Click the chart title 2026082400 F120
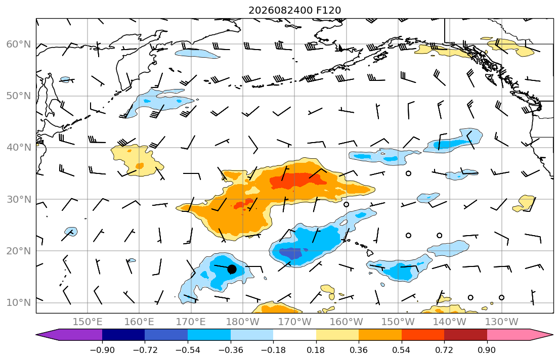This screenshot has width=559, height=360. (x=294, y=10)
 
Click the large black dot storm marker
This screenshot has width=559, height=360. (x=232, y=269)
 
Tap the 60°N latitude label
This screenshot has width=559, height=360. (x=19, y=44)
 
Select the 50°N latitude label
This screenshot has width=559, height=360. (x=19, y=96)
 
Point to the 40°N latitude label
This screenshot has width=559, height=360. (x=19, y=147)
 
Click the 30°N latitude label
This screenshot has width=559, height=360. (x=19, y=199)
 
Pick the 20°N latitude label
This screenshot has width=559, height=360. (x=19, y=251)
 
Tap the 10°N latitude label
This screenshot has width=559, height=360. (x=19, y=303)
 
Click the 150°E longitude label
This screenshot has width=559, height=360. (x=88, y=322)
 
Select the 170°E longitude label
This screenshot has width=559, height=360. (x=191, y=322)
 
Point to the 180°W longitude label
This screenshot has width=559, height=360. (x=243, y=322)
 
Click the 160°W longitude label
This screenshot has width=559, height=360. (x=346, y=322)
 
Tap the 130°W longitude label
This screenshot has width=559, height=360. (x=502, y=322)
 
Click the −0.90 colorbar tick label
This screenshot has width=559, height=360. (x=102, y=350)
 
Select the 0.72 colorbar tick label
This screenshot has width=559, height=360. (x=444, y=350)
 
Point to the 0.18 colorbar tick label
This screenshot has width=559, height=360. (x=316, y=350)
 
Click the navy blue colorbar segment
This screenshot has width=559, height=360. (x=123, y=335)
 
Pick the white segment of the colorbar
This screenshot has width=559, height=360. (x=294, y=335)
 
